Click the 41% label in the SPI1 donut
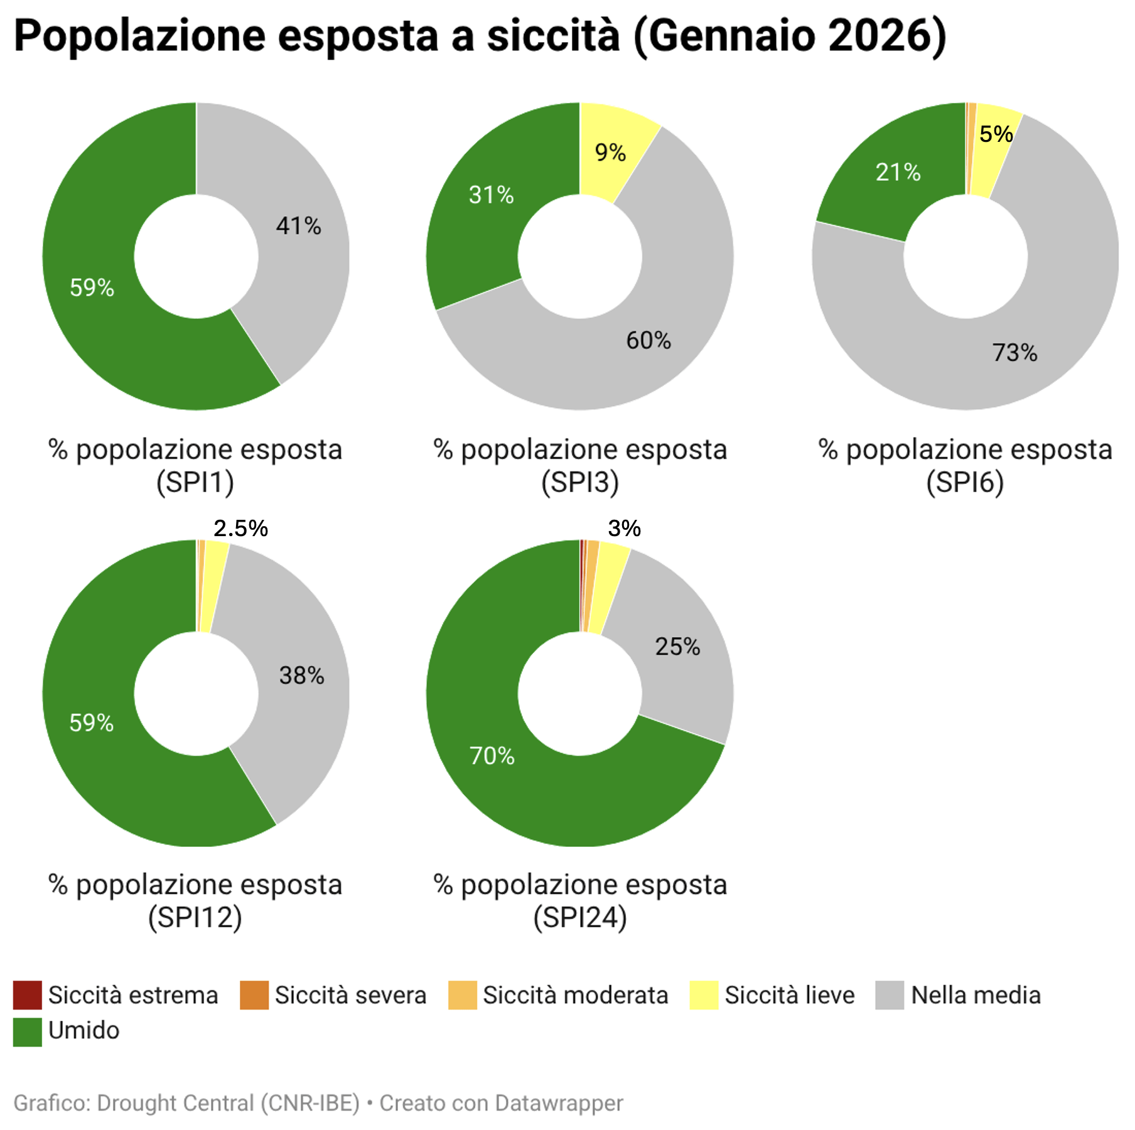pyautogui.click(x=298, y=226)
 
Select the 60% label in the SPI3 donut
pyautogui.click(x=648, y=340)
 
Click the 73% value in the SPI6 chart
pyautogui.click(x=1014, y=353)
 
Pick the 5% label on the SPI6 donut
pyautogui.click(x=996, y=134)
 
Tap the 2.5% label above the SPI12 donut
pyautogui.click(x=240, y=529)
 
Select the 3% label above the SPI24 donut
pyautogui.click(x=624, y=529)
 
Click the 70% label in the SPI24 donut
pyautogui.click(x=492, y=756)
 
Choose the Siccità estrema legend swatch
pyautogui.click(x=28, y=995)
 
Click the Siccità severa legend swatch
pyautogui.click(x=254, y=995)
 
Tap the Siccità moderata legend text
pyautogui.click(x=575, y=996)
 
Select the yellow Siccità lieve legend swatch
pyautogui.click(x=704, y=995)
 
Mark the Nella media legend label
pyautogui.click(x=976, y=996)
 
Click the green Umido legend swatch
pyautogui.click(x=28, y=1032)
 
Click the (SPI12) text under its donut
pyautogui.click(x=195, y=918)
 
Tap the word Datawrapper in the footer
pyautogui.click(x=559, y=1103)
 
